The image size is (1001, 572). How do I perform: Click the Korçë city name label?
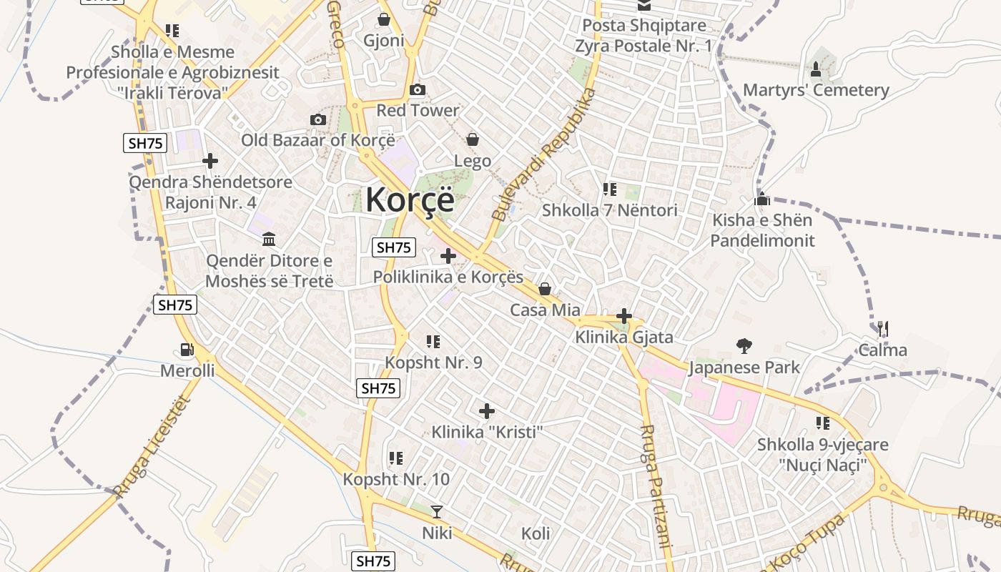(410, 199)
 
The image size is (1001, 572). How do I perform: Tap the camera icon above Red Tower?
(418, 90)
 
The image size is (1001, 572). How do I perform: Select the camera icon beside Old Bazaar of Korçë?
(318, 119)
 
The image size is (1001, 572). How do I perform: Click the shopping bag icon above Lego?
(472, 139)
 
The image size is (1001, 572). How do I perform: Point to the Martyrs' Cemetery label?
(816, 90)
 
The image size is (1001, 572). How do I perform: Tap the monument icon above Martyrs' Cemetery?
(816, 69)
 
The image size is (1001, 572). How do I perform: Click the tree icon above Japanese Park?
(744, 347)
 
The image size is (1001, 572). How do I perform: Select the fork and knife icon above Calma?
(882, 329)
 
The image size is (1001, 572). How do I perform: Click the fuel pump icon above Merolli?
(187, 350)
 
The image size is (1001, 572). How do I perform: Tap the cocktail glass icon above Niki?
(436, 511)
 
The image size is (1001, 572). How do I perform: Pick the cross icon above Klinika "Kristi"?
(487, 411)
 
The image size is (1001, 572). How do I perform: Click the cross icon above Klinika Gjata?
(624, 315)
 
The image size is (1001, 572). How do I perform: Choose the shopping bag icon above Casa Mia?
(544, 289)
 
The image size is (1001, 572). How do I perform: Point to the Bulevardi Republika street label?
(544, 155)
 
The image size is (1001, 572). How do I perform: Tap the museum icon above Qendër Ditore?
(269, 239)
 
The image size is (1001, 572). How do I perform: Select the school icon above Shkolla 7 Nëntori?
(609, 189)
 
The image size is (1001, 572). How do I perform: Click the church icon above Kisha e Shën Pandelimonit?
(762, 199)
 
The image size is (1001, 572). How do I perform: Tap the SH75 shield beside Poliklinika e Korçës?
(394, 247)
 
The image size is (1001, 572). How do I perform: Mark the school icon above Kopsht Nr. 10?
(395, 458)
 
